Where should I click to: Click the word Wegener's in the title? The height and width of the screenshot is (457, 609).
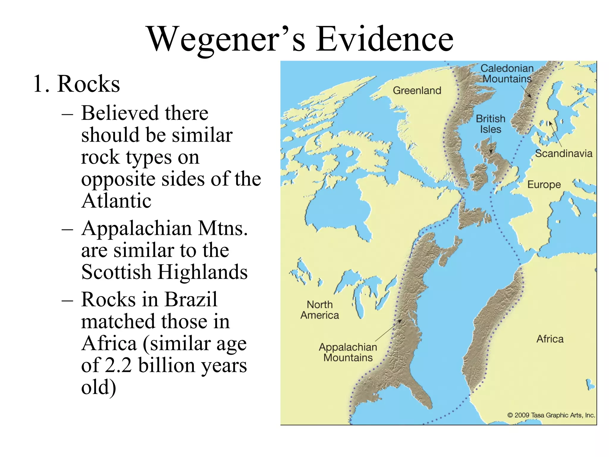(226, 39)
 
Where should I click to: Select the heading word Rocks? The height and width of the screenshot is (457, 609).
(89, 84)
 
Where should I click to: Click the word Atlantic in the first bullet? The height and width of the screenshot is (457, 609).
(116, 201)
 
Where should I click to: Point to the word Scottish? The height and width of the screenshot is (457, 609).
(116, 272)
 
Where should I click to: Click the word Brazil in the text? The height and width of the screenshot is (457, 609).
(191, 299)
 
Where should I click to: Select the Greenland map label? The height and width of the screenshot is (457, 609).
(417, 90)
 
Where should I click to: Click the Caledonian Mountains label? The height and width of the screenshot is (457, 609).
(507, 73)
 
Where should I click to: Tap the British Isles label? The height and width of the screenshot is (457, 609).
(491, 124)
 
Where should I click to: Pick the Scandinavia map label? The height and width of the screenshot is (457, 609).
(564, 154)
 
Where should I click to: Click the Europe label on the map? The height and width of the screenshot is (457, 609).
(544, 184)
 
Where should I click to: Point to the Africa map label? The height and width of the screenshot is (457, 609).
(550, 339)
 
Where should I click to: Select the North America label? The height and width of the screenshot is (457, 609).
(320, 310)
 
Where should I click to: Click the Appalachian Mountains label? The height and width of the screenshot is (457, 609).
(348, 352)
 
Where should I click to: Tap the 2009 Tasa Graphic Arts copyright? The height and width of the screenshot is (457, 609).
(551, 415)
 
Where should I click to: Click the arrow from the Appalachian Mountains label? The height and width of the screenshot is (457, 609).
(388, 331)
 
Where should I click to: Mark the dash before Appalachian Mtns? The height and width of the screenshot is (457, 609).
(68, 229)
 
